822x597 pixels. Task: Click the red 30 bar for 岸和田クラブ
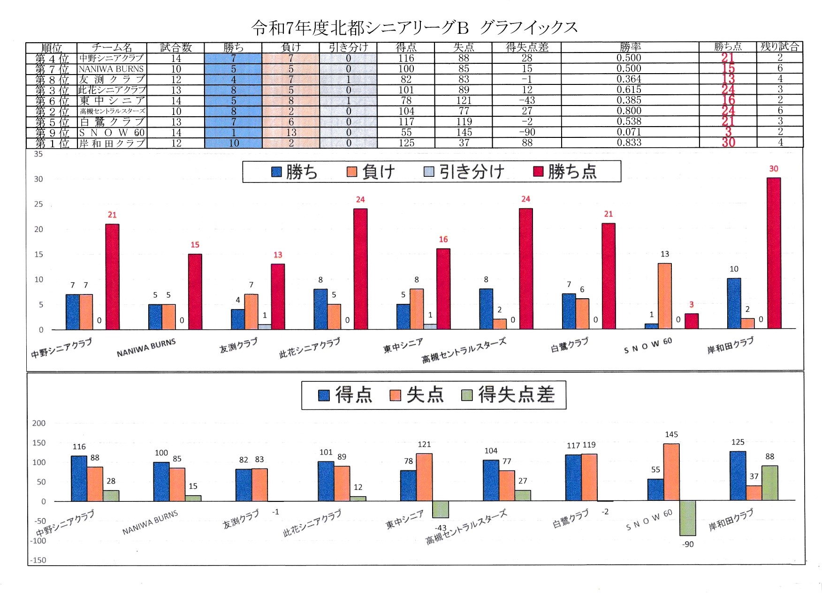tap(774, 253)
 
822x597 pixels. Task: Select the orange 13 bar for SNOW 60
tap(664, 296)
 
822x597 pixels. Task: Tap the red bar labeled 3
tap(691, 321)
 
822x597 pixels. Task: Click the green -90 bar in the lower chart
tap(688, 518)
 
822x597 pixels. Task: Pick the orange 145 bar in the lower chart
tap(671, 472)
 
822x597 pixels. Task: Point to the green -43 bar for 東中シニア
tap(441, 509)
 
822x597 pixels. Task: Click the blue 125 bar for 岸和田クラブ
tap(738, 476)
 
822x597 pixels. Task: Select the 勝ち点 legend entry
tap(566, 172)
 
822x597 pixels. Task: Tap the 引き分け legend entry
tap(464, 172)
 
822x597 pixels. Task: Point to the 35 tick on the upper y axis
tap(38, 154)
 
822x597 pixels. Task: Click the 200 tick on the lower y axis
tap(39, 423)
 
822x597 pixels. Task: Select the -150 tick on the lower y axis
tap(38, 560)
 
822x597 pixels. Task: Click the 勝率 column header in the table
tap(630, 47)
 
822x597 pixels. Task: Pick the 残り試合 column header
tap(779, 47)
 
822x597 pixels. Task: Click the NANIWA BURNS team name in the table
tap(111, 68)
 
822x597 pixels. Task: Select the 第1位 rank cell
tap(52, 143)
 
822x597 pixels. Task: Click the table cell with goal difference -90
tap(527, 132)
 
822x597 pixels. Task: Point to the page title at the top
tap(414, 28)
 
